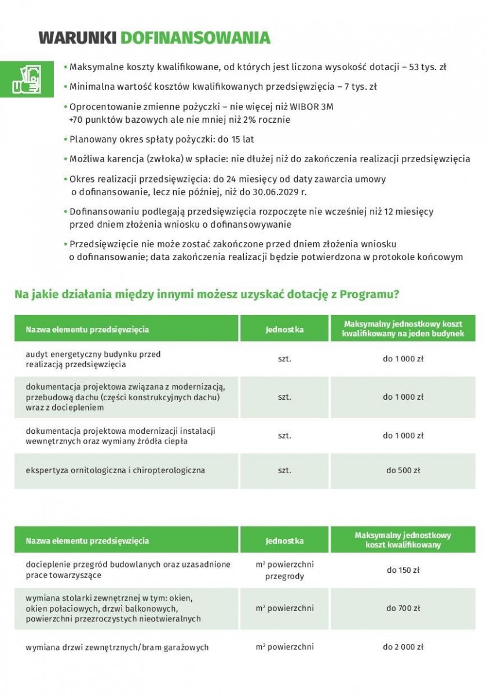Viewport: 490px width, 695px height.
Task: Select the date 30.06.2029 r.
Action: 299,192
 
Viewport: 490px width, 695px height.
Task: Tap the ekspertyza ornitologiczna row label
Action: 115,470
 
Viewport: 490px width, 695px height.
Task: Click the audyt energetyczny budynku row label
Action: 93,359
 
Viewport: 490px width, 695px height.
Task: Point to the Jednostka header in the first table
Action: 284,330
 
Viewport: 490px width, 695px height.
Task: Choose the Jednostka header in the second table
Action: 284,541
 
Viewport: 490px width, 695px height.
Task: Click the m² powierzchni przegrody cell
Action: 284,570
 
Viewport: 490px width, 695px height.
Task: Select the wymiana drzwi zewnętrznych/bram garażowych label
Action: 116,647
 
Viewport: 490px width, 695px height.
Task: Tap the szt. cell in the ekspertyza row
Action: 284,470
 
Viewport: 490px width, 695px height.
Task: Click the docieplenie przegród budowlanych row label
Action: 127,569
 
